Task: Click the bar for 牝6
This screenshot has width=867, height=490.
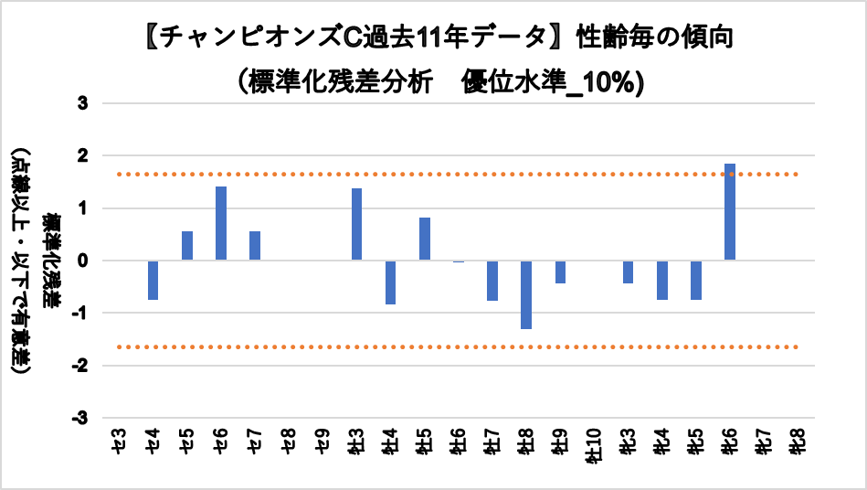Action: (730, 212)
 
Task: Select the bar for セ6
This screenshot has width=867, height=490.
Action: (221, 223)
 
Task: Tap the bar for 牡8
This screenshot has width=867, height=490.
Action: (526, 294)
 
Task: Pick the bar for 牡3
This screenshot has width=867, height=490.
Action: (357, 224)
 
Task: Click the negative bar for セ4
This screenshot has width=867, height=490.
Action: (153, 280)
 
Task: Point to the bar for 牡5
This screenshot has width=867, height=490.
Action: (425, 239)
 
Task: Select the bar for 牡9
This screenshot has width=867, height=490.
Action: (560, 272)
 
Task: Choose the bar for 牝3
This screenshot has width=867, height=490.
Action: (629, 272)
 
